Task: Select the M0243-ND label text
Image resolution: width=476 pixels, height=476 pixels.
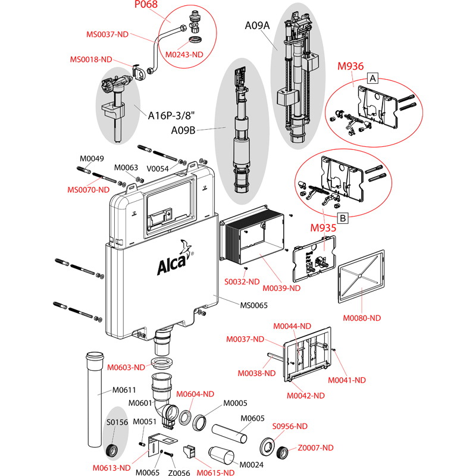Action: [184, 54]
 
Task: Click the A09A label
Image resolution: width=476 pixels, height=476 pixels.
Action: [258, 25]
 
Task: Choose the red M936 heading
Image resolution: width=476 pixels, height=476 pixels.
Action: [350, 66]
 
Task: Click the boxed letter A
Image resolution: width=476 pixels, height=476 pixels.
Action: [372, 78]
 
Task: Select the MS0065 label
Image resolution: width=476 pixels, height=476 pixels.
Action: [253, 305]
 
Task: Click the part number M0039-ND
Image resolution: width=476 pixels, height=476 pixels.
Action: [281, 288]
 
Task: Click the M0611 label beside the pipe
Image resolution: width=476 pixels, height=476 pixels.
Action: [125, 390]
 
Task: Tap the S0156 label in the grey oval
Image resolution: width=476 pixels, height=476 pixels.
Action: [117, 422]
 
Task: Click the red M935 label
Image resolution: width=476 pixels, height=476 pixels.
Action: [323, 227]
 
